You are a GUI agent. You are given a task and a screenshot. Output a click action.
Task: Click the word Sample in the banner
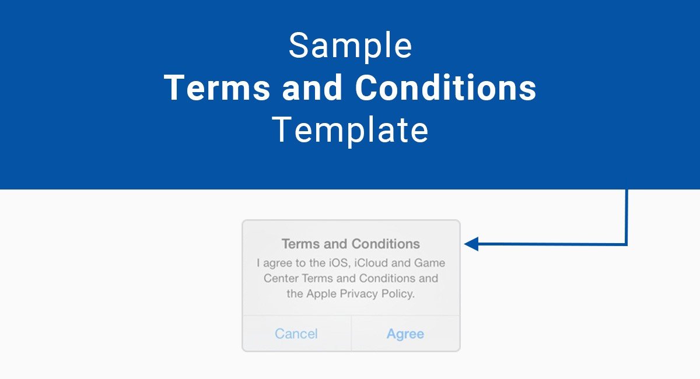click(351, 47)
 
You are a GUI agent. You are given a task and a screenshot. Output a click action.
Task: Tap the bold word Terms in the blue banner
click(217, 87)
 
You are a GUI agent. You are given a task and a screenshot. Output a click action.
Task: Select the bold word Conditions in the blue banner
click(446, 87)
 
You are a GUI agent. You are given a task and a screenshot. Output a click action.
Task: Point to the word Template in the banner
click(350, 129)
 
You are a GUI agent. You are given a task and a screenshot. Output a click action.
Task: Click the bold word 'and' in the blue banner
click(313, 87)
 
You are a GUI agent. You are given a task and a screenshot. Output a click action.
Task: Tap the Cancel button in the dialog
click(296, 334)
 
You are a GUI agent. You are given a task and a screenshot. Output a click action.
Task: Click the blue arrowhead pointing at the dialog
click(471, 244)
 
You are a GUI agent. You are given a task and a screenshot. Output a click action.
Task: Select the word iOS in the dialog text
click(338, 263)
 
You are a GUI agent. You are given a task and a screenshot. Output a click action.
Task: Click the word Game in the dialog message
click(430, 263)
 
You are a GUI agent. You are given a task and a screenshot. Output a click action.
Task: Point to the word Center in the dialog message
click(281, 278)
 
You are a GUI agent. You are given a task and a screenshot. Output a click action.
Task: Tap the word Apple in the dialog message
click(321, 294)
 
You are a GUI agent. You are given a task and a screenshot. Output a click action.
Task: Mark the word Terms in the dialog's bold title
click(301, 244)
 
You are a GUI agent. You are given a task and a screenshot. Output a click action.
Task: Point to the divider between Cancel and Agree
click(351, 334)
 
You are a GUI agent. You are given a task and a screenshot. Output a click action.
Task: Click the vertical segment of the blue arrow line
click(626, 217)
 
